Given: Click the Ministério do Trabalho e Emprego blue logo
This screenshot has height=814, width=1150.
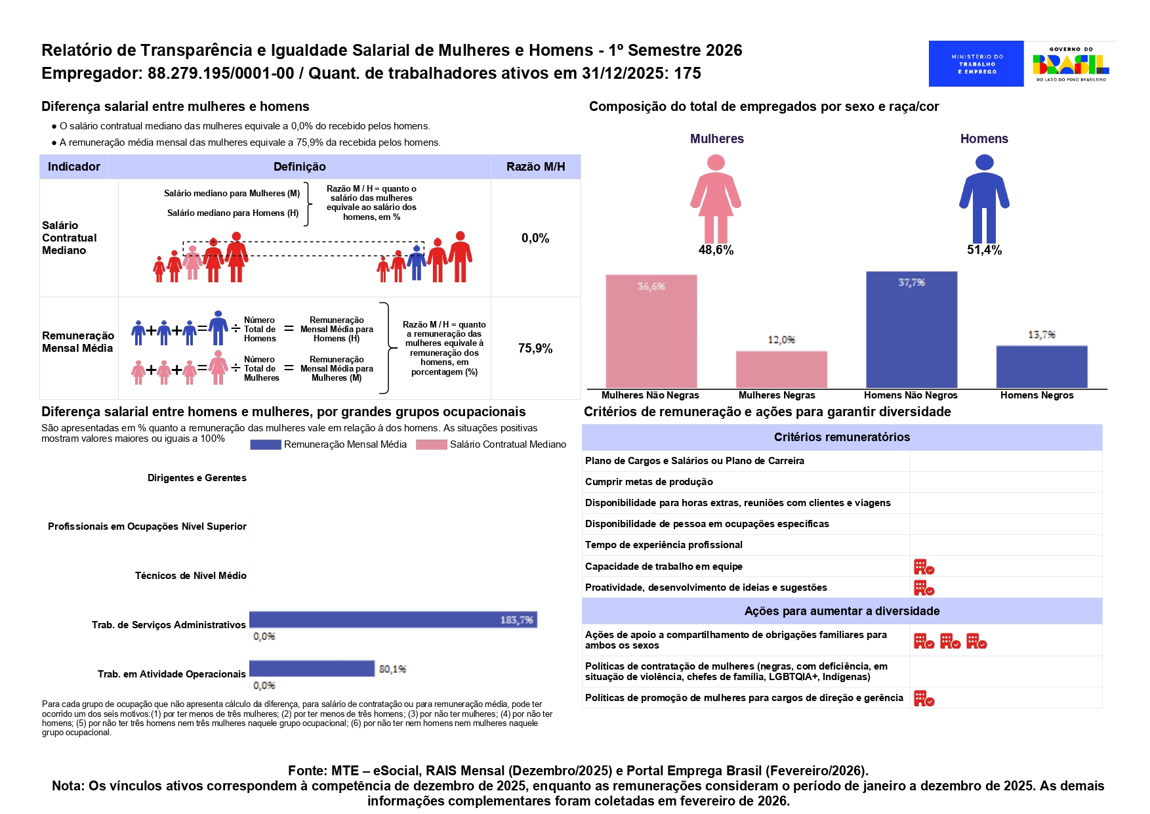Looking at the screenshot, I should pyautogui.click(x=975, y=64).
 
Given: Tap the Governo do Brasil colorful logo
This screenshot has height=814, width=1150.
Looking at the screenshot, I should pyautogui.click(x=1070, y=64).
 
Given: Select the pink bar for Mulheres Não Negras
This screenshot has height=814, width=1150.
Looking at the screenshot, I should pyautogui.click(x=651, y=331).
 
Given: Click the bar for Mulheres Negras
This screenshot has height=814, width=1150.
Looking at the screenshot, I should pyautogui.click(x=781, y=369).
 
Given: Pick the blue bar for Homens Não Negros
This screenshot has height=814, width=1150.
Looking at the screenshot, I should pyautogui.click(x=911, y=330).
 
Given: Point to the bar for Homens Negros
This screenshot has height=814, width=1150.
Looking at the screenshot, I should pyautogui.click(x=1041, y=366).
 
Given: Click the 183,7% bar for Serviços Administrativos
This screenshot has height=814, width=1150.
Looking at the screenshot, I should pyautogui.click(x=393, y=619).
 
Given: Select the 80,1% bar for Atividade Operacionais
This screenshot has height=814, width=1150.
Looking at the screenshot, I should pyautogui.click(x=312, y=668).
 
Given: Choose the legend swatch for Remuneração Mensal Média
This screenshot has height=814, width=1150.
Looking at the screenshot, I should pyautogui.click(x=266, y=444).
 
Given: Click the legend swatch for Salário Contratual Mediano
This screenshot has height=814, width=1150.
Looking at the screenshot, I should pyautogui.click(x=432, y=444).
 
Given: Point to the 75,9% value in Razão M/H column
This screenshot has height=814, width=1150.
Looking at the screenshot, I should pyautogui.click(x=535, y=349).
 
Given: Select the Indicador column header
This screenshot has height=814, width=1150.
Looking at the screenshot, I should pyautogui.click(x=74, y=167).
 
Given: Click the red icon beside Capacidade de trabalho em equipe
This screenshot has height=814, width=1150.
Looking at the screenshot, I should pyautogui.click(x=924, y=567).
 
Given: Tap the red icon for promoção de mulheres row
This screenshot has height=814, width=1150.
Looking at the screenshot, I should pyautogui.click(x=924, y=698).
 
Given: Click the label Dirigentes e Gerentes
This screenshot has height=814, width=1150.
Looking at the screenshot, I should pyautogui.click(x=197, y=478).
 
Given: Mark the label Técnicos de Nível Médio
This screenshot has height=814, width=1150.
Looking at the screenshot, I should pyautogui.click(x=190, y=576).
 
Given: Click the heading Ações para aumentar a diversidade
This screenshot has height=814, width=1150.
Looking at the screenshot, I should pyautogui.click(x=842, y=611).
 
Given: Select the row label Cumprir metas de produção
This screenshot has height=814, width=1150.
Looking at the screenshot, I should pyautogui.click(x=649, y=482).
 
